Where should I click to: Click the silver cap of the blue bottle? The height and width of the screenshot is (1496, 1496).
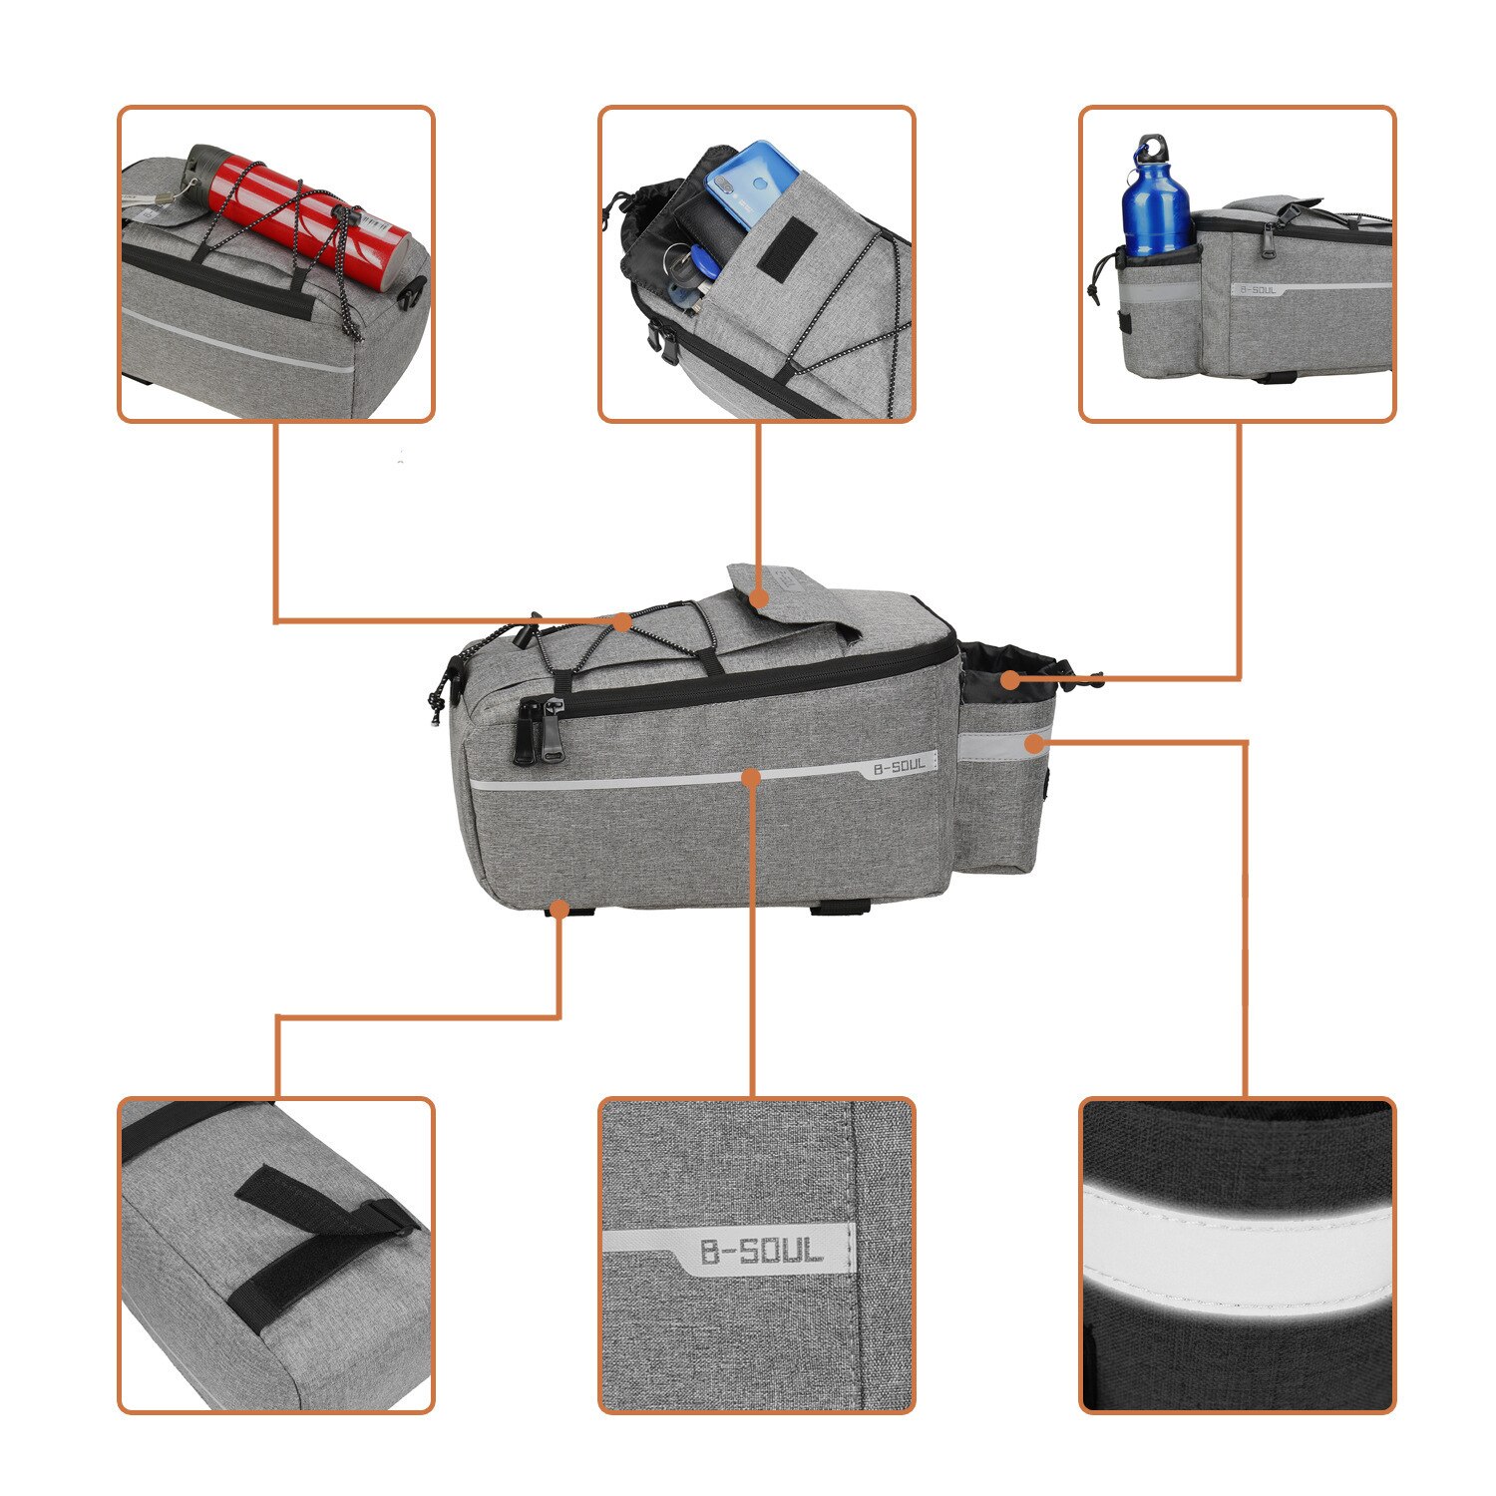coord(1152,151)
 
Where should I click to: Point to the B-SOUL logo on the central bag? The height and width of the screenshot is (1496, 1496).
coord(900,767)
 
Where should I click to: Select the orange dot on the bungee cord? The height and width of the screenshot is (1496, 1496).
coord(622,622)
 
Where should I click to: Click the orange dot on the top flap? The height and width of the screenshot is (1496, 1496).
coord(758,598)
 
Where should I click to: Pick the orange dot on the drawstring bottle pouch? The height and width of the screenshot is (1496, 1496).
coord(1010,681)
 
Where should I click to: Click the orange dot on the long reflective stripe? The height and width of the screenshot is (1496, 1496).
coord(752,776)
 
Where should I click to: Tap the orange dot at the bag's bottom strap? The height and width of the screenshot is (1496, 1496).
coord(560,909)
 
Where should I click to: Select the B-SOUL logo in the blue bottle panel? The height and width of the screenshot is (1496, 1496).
coord(1257,290)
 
